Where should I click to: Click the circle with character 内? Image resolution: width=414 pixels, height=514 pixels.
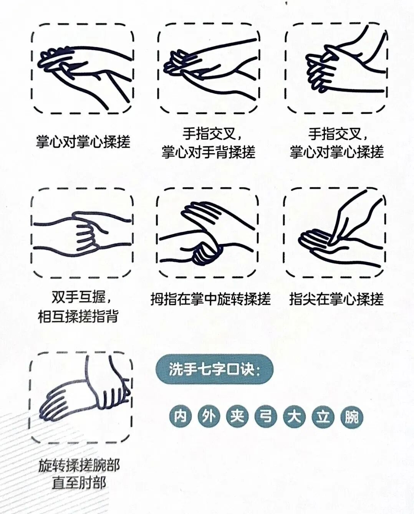[181, 416]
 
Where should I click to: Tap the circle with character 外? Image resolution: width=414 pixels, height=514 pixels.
[209, 416]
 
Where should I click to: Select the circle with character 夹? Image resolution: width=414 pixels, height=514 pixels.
[237, 416]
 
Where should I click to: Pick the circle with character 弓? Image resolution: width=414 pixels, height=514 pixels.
[266, 416]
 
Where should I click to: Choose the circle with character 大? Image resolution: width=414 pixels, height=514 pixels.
[294, 416]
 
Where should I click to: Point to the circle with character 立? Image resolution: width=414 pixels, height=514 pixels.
[323, 416]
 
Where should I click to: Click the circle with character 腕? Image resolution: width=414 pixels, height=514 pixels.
[351, 416]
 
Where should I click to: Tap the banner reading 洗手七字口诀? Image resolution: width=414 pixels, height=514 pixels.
[214, 369]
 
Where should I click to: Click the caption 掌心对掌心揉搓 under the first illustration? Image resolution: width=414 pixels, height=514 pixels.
[83, 142]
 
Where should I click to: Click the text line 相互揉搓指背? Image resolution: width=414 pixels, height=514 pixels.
[78, 316]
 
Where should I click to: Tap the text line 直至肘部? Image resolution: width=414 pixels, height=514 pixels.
[79, 483]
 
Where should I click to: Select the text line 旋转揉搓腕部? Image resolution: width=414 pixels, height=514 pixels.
[79, 465]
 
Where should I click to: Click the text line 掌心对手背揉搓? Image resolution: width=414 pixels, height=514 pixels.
[208, 152]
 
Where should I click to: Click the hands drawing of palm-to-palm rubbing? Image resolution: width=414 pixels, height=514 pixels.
[82, 69]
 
